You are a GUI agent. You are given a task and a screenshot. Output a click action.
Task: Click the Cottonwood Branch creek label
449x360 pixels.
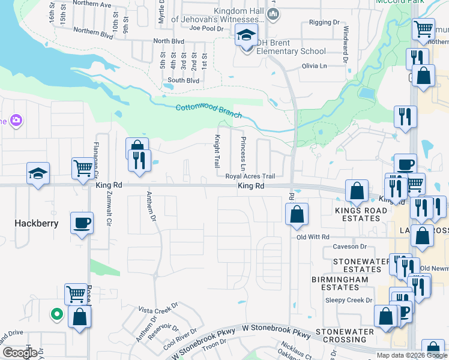click(x=209, y=111)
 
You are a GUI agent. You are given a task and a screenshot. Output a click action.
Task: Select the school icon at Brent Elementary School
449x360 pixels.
click(x=247, y=36)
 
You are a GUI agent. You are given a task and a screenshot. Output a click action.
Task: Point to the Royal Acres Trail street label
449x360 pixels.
click(x=250, y=176)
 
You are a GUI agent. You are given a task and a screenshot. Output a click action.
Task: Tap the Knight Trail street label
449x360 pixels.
click(x=217, y=151)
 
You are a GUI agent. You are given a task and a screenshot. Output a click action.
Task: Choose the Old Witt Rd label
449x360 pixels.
click(x=315, y=238)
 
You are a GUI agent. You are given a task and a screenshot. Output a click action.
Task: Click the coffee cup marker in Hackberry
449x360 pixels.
click(x=82, y=223)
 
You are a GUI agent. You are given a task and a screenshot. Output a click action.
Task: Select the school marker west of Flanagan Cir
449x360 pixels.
click(x=38, y=173)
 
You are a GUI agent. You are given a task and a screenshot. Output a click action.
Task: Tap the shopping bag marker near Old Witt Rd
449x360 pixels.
click(x=297, y=214)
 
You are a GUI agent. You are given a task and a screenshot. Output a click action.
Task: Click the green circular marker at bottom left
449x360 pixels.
click(x=56, y=313)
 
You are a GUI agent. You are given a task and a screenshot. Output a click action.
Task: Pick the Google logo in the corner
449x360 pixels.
click(x=20, y=352)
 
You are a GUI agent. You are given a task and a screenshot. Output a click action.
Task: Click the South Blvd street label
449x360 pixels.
click(x=183, y=80)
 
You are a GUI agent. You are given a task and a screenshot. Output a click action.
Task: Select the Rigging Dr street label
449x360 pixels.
click(x=324, y=23)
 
